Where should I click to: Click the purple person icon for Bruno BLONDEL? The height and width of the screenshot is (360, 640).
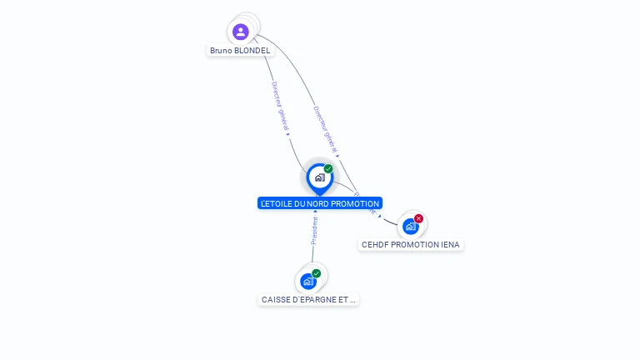click(241, 32)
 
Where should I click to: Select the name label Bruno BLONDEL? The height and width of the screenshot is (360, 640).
click(240, 50)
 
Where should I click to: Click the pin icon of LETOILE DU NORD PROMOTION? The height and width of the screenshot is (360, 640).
click(319, 177)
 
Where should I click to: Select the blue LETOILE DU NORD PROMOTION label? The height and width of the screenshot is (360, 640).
click(320, 203)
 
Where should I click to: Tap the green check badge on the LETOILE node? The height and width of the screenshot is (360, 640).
click(328, 168)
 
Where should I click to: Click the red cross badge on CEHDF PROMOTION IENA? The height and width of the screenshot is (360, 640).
click(418, 218)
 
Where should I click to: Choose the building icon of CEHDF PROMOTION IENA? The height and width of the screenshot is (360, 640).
click(410, 227)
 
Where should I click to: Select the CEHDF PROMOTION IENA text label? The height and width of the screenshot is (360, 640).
click(410, 245)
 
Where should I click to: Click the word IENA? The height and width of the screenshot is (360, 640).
click(450, 245)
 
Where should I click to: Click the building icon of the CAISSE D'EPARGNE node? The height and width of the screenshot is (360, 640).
click(307, 282)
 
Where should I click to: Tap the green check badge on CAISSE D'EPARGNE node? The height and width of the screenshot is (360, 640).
click(317, 273)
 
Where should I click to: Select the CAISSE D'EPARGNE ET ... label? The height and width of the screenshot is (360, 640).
click(308, 299)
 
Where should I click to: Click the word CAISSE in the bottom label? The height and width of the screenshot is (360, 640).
click(275, 299)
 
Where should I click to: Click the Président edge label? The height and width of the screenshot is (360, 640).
click(314, 230)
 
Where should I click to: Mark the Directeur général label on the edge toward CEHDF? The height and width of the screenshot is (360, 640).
click(325, 130)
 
